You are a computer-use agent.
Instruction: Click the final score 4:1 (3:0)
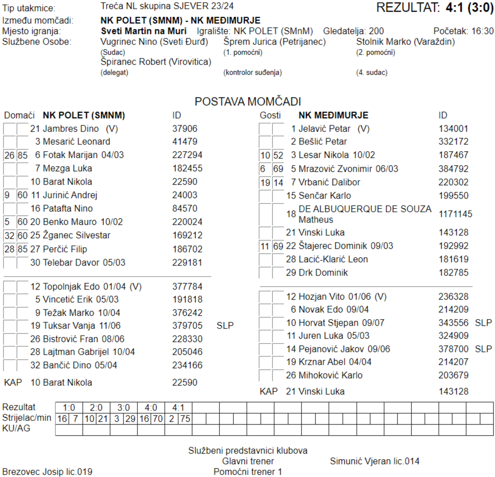(x=469, y=8)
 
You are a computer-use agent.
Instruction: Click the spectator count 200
(x=376, y=31)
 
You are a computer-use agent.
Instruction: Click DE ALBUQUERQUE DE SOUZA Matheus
(x=365, y=214)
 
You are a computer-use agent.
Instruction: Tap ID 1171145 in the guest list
(x=455, y=214)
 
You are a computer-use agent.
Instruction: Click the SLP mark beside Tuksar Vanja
(x=225, y=325)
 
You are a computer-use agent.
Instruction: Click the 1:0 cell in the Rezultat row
(x=69, y=407)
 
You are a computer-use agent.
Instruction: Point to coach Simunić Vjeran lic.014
(x=374, y=461)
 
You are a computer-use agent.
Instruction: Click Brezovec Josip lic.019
(x=47, y=471)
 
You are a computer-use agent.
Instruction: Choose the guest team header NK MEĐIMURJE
(x=333, y=115)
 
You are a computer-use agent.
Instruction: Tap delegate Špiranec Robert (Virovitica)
(x=156, y=62)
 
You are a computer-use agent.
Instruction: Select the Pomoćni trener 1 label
(x=248, y=471)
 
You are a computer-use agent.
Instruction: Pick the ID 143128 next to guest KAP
(x=453, y=392)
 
